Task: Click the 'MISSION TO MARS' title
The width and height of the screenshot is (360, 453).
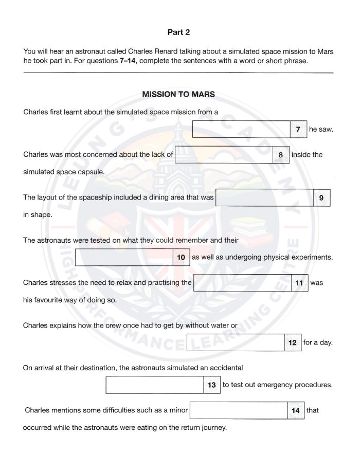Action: pyautogui.click(x=178, y=95)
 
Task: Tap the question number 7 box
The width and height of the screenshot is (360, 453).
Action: pyautogui.click(x=298, y=130)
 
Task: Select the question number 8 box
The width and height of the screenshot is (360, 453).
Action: pyautogui.click(x=280, y=154)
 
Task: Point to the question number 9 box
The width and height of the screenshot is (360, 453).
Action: pyautogui.click(x=321, y=197)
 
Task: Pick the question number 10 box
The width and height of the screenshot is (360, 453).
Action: pyautogui.click(x=181, y=257)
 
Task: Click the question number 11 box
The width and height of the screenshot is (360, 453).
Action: pyautogui.click(x=299, y=283)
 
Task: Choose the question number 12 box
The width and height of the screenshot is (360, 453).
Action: pyautogui.click(x=293, y=342)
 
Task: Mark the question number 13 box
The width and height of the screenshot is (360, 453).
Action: pyautogui.click(x=212, y=385)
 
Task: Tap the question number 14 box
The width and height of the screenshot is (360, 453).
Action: pyautogui.click(x=295, y=410)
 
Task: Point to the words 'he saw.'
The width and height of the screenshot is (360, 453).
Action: pyautogui.click(x=321, y=130)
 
